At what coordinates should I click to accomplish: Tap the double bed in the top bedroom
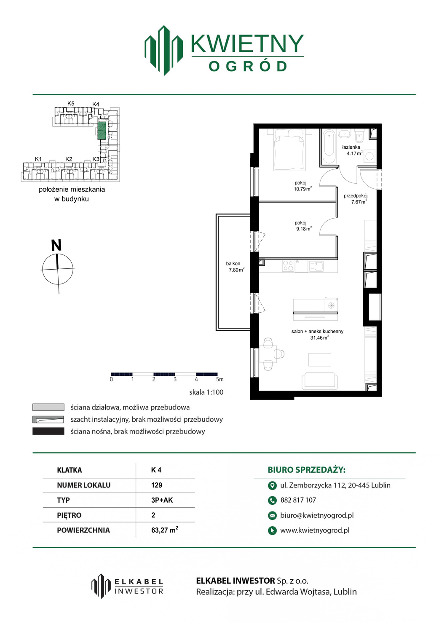pos(290,150)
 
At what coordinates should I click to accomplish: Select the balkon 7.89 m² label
pos(235,267)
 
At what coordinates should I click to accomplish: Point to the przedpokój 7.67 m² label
pos(355,198)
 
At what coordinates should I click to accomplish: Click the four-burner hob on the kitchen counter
pos(288,265)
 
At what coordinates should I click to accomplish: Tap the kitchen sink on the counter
pos(316,266)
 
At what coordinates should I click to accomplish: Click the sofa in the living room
pos(320,380)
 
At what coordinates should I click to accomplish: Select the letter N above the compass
pos(56,245)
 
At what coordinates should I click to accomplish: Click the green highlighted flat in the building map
pos(102,131)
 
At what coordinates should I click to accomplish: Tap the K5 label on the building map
pos(71,104)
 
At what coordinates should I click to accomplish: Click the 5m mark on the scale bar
pos(220,380)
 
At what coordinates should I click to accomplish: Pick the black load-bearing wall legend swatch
pos(48,431)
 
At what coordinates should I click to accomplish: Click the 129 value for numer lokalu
pos(157,485)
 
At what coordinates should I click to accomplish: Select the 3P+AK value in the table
pos(162,500)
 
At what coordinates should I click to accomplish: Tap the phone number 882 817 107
pos(298,500)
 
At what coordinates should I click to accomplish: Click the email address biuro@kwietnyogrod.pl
pos(317,515)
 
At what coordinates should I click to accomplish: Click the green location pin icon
pos(272,485)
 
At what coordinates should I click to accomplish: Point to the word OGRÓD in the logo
pos(247,67)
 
